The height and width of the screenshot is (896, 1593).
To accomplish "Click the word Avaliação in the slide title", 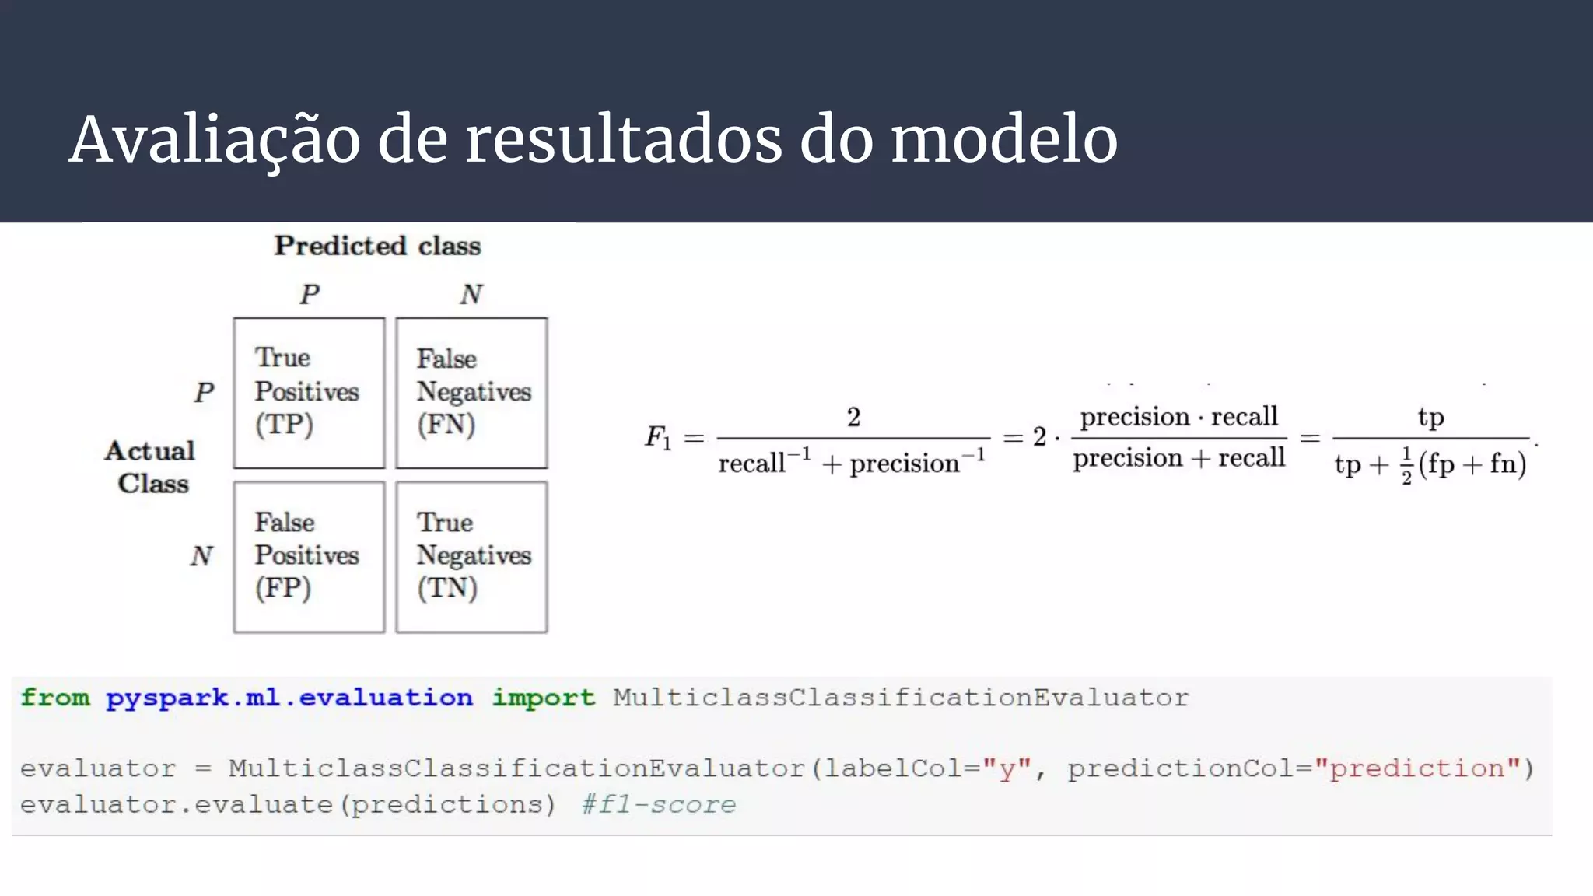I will [215, 140].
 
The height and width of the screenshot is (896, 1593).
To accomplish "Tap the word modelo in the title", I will [1003, 140].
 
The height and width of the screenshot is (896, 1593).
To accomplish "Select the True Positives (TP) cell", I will [309, 393].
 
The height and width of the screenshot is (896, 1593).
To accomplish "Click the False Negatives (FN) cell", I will [471, 393].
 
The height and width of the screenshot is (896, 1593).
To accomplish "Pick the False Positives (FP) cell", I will [309, 557].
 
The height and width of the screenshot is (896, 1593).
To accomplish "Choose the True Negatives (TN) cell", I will [471, 557].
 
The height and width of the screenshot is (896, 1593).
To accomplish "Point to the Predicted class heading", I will [377, 246].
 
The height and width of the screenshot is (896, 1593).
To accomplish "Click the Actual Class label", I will [151, 467].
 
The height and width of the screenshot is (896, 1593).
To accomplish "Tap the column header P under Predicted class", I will [310, 294].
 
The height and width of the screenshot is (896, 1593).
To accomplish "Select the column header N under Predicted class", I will [471, 294].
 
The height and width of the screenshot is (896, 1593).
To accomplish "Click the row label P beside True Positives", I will [204, 392].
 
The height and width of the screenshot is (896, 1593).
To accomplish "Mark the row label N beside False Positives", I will [201, 555].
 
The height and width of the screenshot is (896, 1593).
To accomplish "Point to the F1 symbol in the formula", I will [657, 437].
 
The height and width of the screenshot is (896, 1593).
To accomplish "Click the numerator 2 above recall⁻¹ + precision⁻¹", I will [853, 417].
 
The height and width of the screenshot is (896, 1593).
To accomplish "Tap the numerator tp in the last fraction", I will [1430, 418].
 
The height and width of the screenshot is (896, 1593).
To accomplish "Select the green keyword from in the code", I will [55, 697].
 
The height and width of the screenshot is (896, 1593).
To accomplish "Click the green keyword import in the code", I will [543, 697].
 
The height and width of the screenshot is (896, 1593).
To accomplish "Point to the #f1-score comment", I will [659, 804].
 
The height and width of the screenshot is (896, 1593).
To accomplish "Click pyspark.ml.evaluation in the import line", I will [289, 697].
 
